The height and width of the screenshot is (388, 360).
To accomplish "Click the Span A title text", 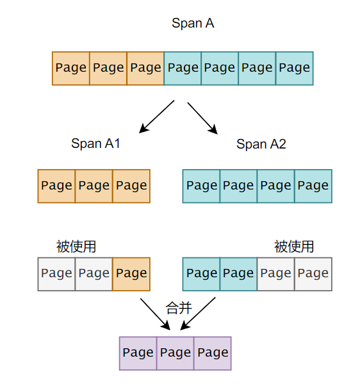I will [192, 24].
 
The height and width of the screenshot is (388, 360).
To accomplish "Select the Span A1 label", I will [95, 143].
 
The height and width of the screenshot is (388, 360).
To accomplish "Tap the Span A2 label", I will [261, 144].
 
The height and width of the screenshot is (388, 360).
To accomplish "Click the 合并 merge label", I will [179, 308].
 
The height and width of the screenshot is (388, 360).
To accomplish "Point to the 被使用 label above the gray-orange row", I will [76, 247].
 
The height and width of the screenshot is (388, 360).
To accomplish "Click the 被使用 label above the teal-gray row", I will [294, 247].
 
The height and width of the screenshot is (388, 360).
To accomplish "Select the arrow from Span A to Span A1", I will [157, 116].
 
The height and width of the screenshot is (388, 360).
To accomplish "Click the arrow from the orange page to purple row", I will [156, 312].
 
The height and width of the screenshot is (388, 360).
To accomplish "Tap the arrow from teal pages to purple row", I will [197, 313].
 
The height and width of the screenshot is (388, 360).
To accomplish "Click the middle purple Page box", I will [176, 353].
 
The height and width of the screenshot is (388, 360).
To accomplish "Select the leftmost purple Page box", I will [138, 353].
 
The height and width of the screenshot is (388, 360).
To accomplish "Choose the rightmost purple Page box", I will [213, 353].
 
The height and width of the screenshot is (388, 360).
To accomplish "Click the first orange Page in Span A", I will [71, 68].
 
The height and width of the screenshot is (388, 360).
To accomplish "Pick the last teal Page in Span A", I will [295, 68].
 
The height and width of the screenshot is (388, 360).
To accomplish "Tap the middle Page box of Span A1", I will [94, 186].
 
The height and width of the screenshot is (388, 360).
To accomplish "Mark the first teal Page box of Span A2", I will [202, 186].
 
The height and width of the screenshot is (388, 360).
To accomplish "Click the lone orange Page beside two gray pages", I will [131, 274].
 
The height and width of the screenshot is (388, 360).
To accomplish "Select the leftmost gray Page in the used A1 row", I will [56, 274].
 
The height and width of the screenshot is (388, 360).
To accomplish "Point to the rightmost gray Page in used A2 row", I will [313, 274].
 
